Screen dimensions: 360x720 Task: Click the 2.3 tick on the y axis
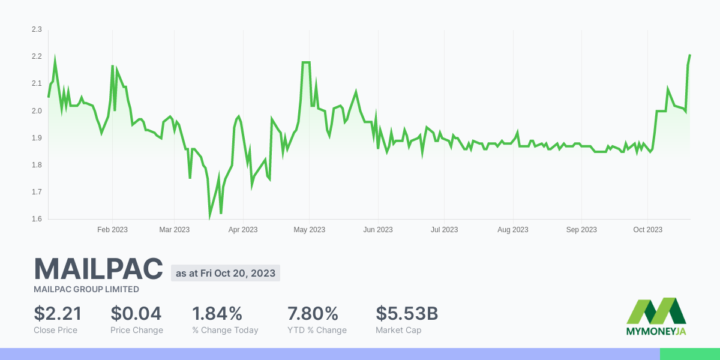click(x=37, y=29)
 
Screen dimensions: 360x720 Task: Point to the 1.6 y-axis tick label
click(x=37, y=219)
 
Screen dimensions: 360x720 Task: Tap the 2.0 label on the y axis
click(x=37, y=111)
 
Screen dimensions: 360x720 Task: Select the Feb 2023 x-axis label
click(x=112, y=230)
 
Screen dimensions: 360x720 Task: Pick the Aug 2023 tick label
click(x=513, y=230)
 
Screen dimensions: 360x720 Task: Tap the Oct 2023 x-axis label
click(x=647, y=230)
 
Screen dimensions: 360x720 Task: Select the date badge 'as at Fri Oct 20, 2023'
click(x=226, y=273)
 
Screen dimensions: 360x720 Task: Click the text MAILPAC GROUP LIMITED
click(x=86, y=289)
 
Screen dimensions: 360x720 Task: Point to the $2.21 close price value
click(x=58, y=313)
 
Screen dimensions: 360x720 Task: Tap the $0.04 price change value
click(x=136, y=313)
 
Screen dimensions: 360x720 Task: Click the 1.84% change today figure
click(x=217, y=313)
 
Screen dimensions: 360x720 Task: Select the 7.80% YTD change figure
click(x=313, y=313)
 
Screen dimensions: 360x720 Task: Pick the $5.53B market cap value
click(x=407, y=313)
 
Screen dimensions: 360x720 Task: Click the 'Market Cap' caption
click(x=398, y=330)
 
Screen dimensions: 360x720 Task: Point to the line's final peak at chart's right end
click(x=689, y=55)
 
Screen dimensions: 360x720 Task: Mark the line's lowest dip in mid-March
click(x=209, y=217)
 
